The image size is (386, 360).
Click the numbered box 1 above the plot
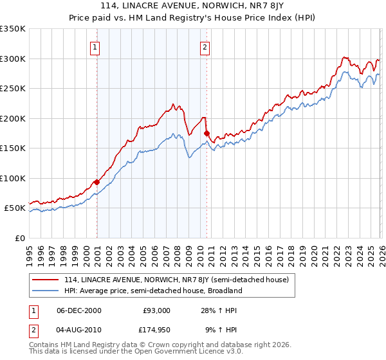click(x=95, y=46)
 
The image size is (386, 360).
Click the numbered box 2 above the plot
click(x=205, y=46)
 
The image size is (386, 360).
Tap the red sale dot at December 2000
click(x=96, y=182)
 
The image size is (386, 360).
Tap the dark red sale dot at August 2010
click(x=207, y=133)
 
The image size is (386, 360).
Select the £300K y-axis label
click(x=13, y=59)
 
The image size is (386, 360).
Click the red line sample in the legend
click(x=46, y=280)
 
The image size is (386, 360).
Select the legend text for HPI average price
click(x=153, y=291)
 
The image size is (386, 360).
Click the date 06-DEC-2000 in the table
click(x=79, y=310)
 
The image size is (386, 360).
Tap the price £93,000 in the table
click(x=156, y=310)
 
